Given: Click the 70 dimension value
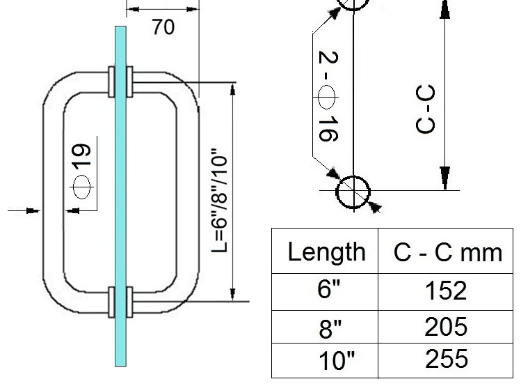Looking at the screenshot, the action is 163,27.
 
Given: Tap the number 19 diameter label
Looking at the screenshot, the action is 81,155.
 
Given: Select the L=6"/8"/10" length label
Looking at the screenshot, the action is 219,201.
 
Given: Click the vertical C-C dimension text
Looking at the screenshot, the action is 425,109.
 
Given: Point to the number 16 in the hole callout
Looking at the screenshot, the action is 328,129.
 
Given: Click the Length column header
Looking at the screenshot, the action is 327,252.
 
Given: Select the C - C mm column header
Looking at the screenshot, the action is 447,253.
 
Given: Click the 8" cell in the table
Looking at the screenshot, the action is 330,327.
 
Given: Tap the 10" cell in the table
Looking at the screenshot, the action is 337,360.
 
